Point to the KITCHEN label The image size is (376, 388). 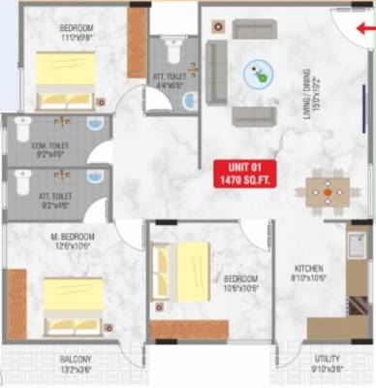click(309, 268)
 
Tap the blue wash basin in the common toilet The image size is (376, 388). click(94, 123)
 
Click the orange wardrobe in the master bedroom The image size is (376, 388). click(17, 305)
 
